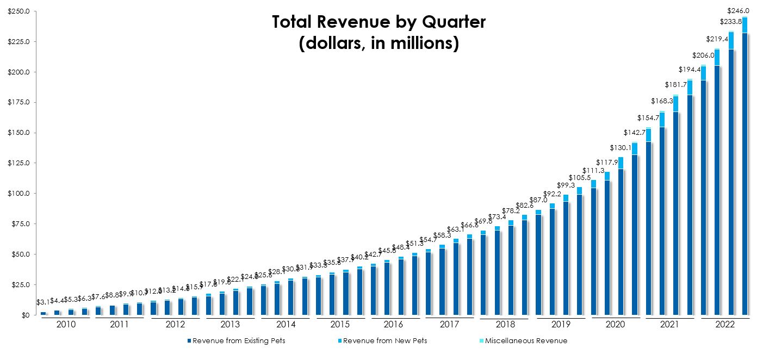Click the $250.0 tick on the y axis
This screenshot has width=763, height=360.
pos(18,11)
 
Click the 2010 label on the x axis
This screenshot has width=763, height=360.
pos(66,325)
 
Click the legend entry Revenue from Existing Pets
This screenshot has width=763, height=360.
pos(239,341)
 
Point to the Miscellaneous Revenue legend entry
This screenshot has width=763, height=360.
pos(525,341)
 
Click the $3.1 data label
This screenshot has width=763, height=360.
pos(44,302)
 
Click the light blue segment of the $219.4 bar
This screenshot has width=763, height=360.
pos(717,58)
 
